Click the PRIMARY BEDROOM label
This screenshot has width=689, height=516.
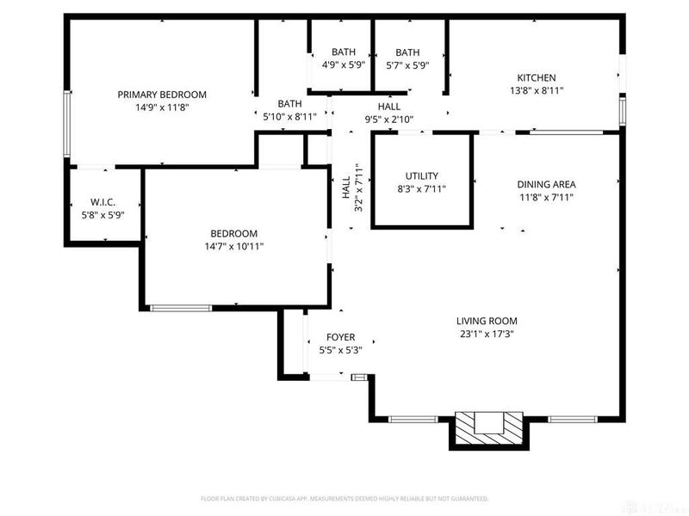pos(162,95)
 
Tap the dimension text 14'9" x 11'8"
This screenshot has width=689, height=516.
pos(162,107)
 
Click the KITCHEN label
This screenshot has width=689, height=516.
pos(536,77)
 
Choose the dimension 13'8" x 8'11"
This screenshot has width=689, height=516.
pos(536,90)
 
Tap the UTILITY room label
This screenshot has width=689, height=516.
pos(421,175)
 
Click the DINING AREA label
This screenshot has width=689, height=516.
pos(546,184)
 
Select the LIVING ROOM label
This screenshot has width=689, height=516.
pos(487,321)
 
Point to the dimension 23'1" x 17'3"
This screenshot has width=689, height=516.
pos(487,334)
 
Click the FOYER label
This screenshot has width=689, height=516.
pos(340,337)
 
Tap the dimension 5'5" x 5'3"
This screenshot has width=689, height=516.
pos(340,350)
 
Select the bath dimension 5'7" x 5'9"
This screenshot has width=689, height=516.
pos(407,64)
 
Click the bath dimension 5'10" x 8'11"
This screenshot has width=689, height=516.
pos(289,116)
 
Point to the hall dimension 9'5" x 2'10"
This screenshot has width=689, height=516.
pos(389,120)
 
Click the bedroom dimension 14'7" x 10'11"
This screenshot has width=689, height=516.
pos(234,246)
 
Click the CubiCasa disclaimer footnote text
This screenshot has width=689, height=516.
pos(344,499)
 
